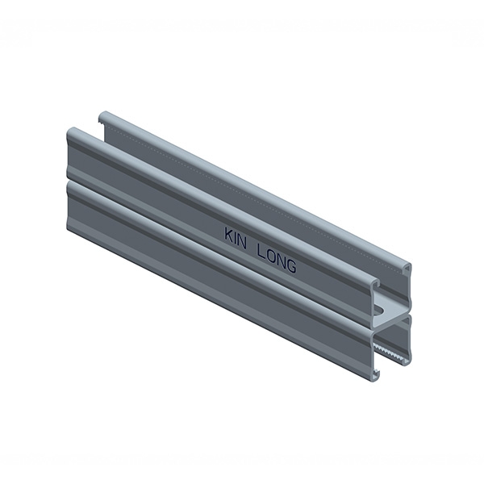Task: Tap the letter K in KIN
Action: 229,236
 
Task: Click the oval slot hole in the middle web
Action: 379,309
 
